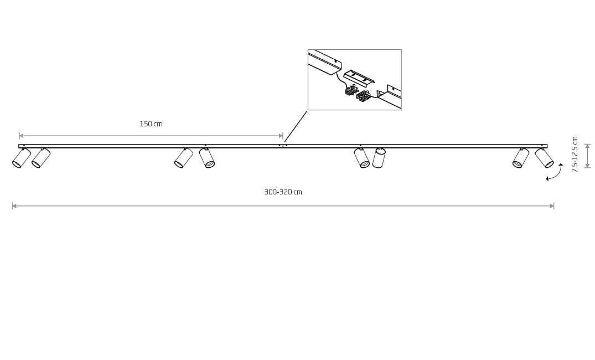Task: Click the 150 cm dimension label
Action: click(x=151, y=124)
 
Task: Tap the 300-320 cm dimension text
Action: click(x=283, y=192)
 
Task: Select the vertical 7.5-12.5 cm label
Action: click(x=575, y=155)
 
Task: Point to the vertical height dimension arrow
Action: click(x=587, y=156)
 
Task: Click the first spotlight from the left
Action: click(x=21, y=158)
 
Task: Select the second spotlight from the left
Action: click(x=40, y=158)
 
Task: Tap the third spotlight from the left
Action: click(x=183, y=158)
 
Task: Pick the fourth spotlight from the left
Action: click(x=207, y=158)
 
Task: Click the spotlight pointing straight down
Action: click(x=379, y=158)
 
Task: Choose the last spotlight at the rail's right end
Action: click(x=544, y=158)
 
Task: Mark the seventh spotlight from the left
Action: click(x=520, y=158)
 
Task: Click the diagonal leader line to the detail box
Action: click(x=296, y=126)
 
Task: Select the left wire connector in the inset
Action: click(x=351, y=90)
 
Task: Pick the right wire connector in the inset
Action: click(x=364, y=96)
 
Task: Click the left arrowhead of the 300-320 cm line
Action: click(x=14, y=206)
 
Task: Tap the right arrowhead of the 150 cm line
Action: click(x=281, y=136)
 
